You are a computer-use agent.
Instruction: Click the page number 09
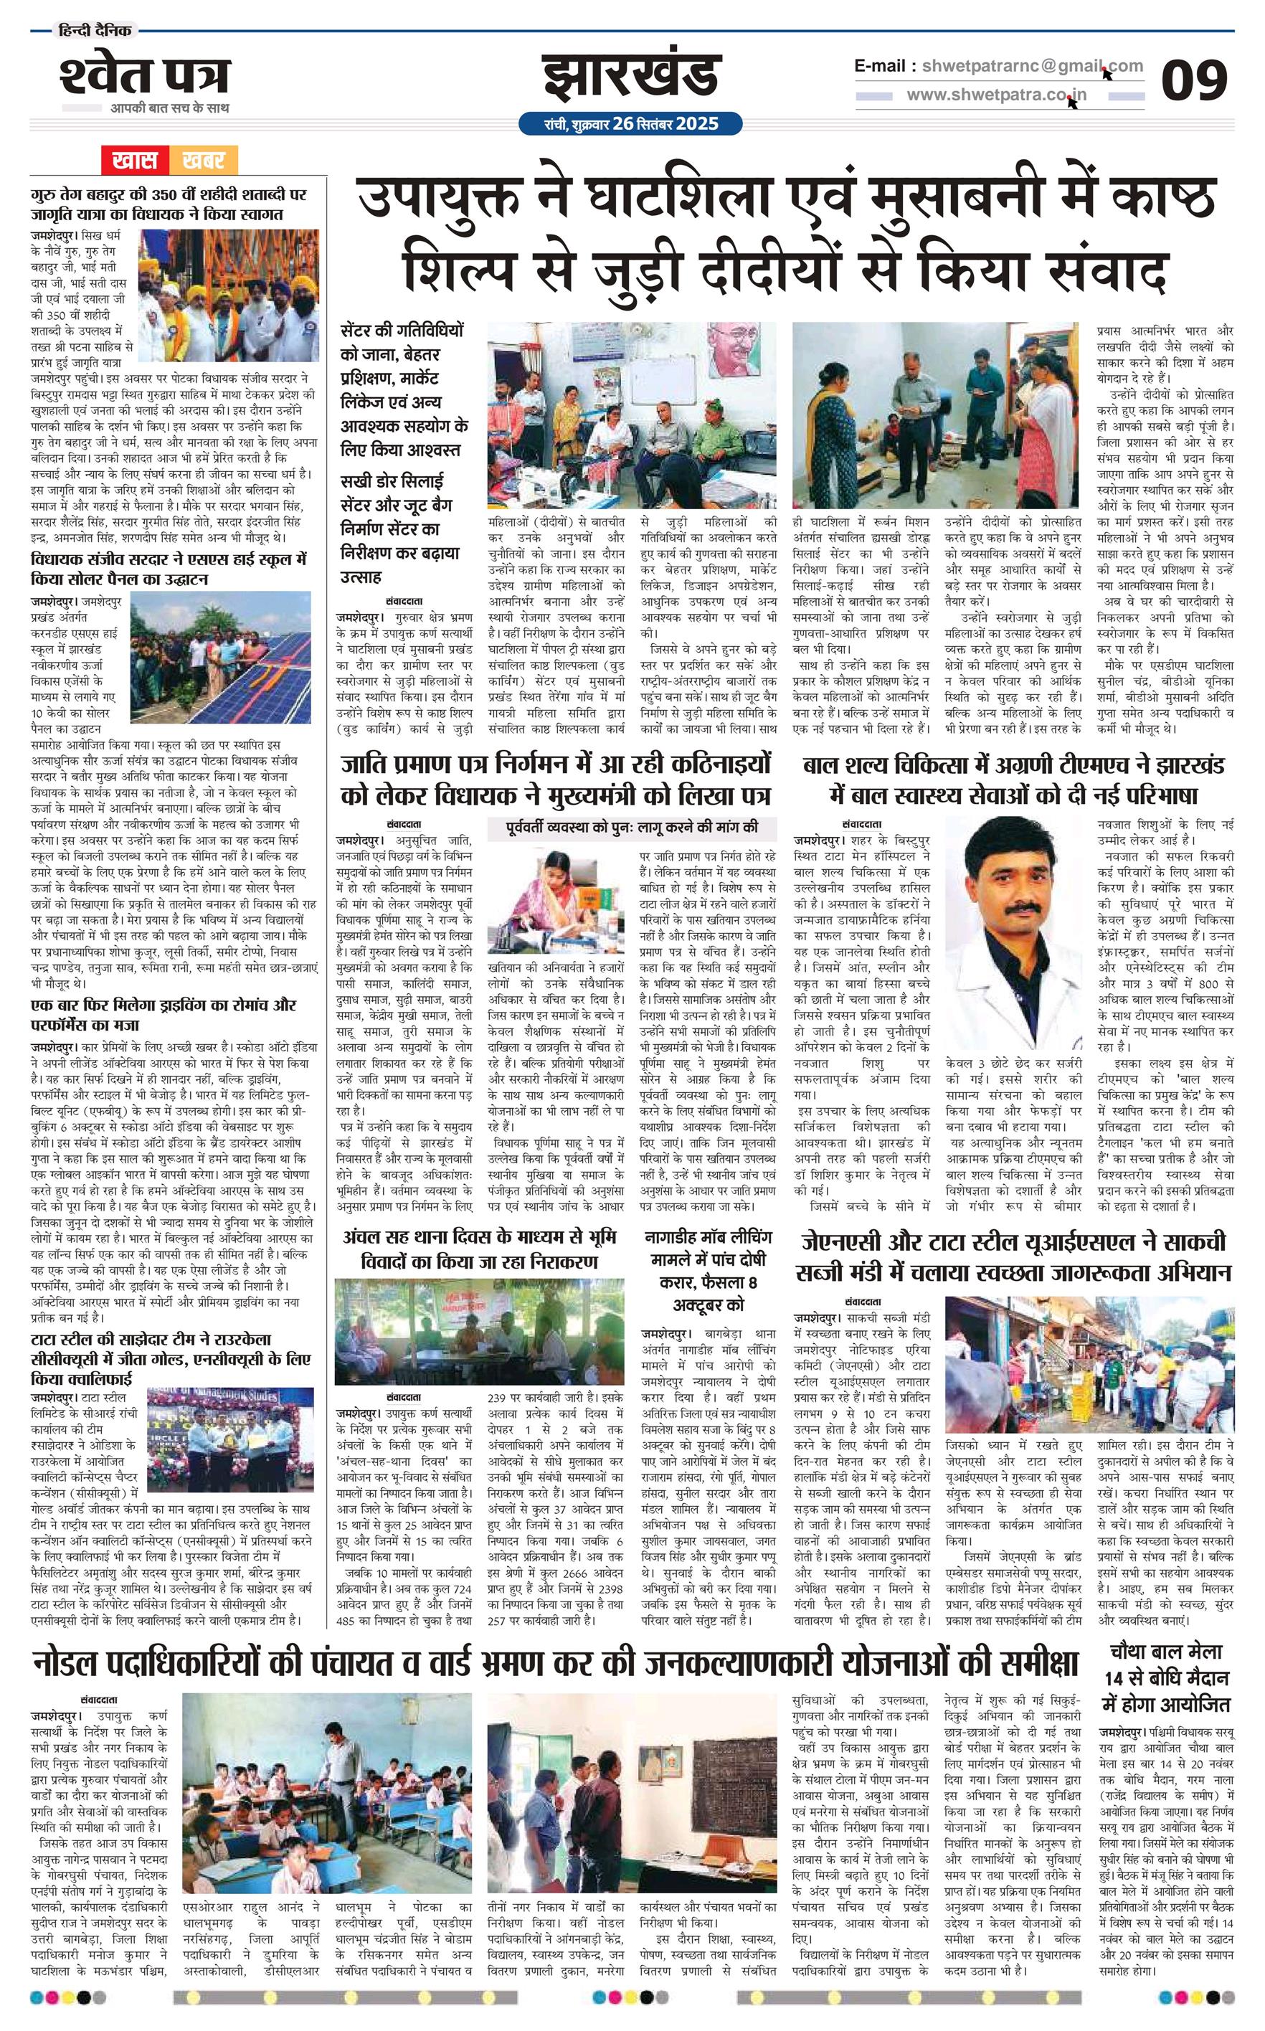point(1194,80)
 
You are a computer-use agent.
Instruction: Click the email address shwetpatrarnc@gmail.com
point(1028,66)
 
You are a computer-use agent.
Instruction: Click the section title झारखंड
point(632,77)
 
